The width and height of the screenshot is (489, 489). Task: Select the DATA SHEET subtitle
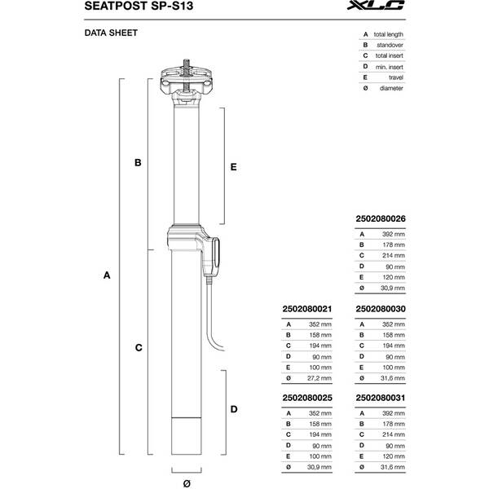coord(111,33)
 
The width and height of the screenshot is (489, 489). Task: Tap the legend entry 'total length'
coord(387,34)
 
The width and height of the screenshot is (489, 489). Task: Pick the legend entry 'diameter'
coord(390,87)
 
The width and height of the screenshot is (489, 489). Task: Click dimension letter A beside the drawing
coord(107,276)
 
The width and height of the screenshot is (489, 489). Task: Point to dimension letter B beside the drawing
coord(139,163)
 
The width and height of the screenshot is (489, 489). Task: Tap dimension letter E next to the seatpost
coord(233,166)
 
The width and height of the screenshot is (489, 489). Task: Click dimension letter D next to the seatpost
coord(234,409)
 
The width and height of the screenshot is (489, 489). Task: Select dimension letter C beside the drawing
coord(139,347)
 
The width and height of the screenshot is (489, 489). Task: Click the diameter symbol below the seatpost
coord(187,483)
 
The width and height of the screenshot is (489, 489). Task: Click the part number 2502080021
coord(305,309)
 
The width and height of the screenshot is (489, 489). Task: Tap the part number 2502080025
coord(305,399)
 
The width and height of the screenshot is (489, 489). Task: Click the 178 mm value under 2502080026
coord(394,244)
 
